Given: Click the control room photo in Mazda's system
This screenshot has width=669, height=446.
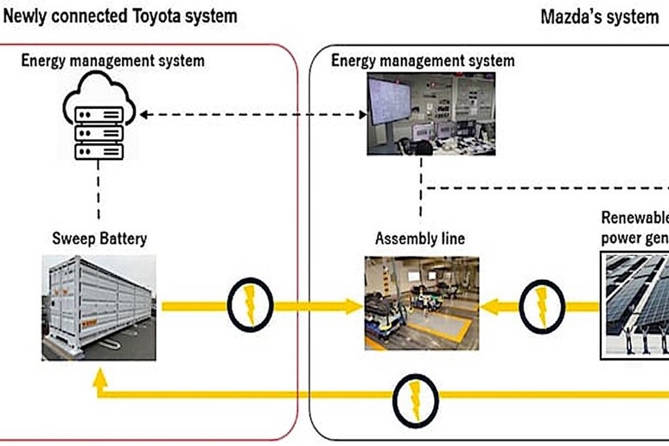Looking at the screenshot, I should (x=420, y=115).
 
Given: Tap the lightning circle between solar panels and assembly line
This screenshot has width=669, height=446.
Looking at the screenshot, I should (x=542, y=305).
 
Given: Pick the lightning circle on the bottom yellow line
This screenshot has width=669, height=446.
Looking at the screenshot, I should (x=417, y=394).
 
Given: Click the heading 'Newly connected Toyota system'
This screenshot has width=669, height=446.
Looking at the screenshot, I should (x=120, y=16).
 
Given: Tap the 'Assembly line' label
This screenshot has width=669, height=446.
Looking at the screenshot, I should (x=419, y=238).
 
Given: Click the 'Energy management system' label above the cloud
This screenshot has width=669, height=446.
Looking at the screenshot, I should (x=113, y=61).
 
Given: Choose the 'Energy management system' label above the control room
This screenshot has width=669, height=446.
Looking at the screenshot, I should (x=423, y=61).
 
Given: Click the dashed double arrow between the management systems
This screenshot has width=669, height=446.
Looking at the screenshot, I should (x=250, y=115).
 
